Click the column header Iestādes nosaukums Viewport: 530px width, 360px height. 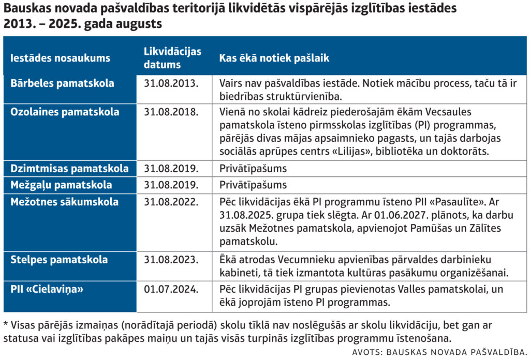60,58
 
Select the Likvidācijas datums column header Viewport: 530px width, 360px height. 172,58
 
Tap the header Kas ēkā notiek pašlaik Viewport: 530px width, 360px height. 274,58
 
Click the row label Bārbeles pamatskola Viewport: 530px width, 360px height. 62,83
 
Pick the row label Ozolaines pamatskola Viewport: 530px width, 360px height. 65,112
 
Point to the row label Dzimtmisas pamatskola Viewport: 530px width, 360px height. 69,169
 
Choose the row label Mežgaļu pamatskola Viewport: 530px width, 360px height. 61,185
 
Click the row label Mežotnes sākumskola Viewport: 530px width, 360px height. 64,202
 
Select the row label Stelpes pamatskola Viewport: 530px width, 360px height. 59,260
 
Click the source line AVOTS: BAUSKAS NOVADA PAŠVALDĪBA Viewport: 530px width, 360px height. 439,352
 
